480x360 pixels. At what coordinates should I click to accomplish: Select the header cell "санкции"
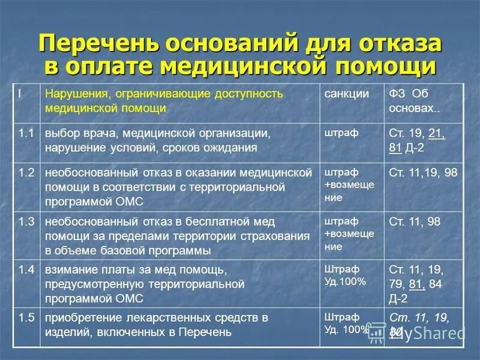347,95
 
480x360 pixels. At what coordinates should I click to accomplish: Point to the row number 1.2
26,173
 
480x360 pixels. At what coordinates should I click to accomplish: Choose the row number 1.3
26,221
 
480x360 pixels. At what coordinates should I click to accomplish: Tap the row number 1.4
26,269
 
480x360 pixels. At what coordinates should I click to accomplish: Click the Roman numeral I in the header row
19,94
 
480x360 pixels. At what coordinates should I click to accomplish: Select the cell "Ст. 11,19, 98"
423,173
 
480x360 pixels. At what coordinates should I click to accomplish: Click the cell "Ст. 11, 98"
415,221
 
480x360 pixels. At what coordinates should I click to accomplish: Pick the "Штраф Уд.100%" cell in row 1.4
344,275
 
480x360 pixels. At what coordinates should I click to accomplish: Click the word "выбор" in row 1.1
60,133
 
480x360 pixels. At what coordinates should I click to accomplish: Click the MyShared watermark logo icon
376,332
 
